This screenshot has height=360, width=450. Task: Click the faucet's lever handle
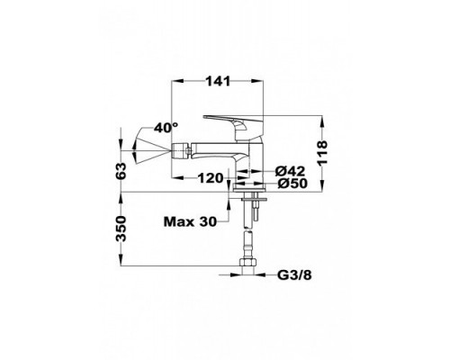pyautogui.click(x=232, y=120)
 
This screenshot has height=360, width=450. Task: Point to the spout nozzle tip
pyautogui.click(x=176, y=145)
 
